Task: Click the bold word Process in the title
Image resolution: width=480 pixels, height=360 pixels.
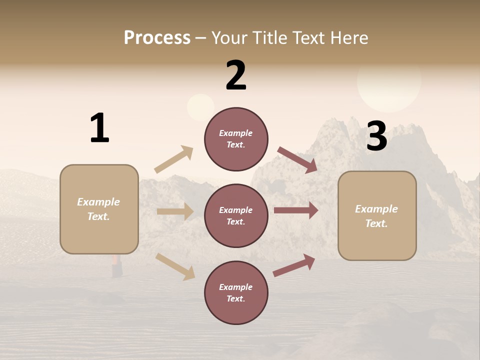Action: pyautogui.click(x=157, y=38)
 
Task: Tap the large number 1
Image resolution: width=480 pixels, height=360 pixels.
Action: pyautogui.click(x=99, y=128)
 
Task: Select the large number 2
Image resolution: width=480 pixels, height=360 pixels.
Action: pyautogui.click(x=236, y=75)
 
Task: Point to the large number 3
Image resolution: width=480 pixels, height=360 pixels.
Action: pyautogui.click(x=377, y=136)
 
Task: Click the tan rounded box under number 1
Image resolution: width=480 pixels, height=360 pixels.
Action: pyautogui.click(x=99, y=209)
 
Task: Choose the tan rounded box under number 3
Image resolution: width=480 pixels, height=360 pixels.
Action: pyautogui.click(x=377, y=216)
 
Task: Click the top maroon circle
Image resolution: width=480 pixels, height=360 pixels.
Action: pyautogui.click(x=236, y=139)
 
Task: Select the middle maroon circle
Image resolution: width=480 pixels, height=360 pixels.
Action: pyautogui.click(x=236, y=216)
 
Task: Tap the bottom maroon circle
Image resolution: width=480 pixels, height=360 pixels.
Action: pyautogui.click(x=236, y=293)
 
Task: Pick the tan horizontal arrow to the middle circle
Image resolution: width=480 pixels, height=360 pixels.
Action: pyautogui.click(x=175, y=211)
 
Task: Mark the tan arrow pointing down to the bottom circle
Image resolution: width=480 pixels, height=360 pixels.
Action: pyautogui.click(x=175, y=266)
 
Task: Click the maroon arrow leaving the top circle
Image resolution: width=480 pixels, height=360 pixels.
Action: pyautogui.click(x=297, y=159)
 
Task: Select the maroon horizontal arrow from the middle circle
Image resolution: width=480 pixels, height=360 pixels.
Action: pyautogui.click(x=296, y=210)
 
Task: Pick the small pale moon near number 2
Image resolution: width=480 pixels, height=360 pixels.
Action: pyautogui.click(x=200, y=107)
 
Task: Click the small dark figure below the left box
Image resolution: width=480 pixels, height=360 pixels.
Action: pyautogui.click(x=117, y=266)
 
